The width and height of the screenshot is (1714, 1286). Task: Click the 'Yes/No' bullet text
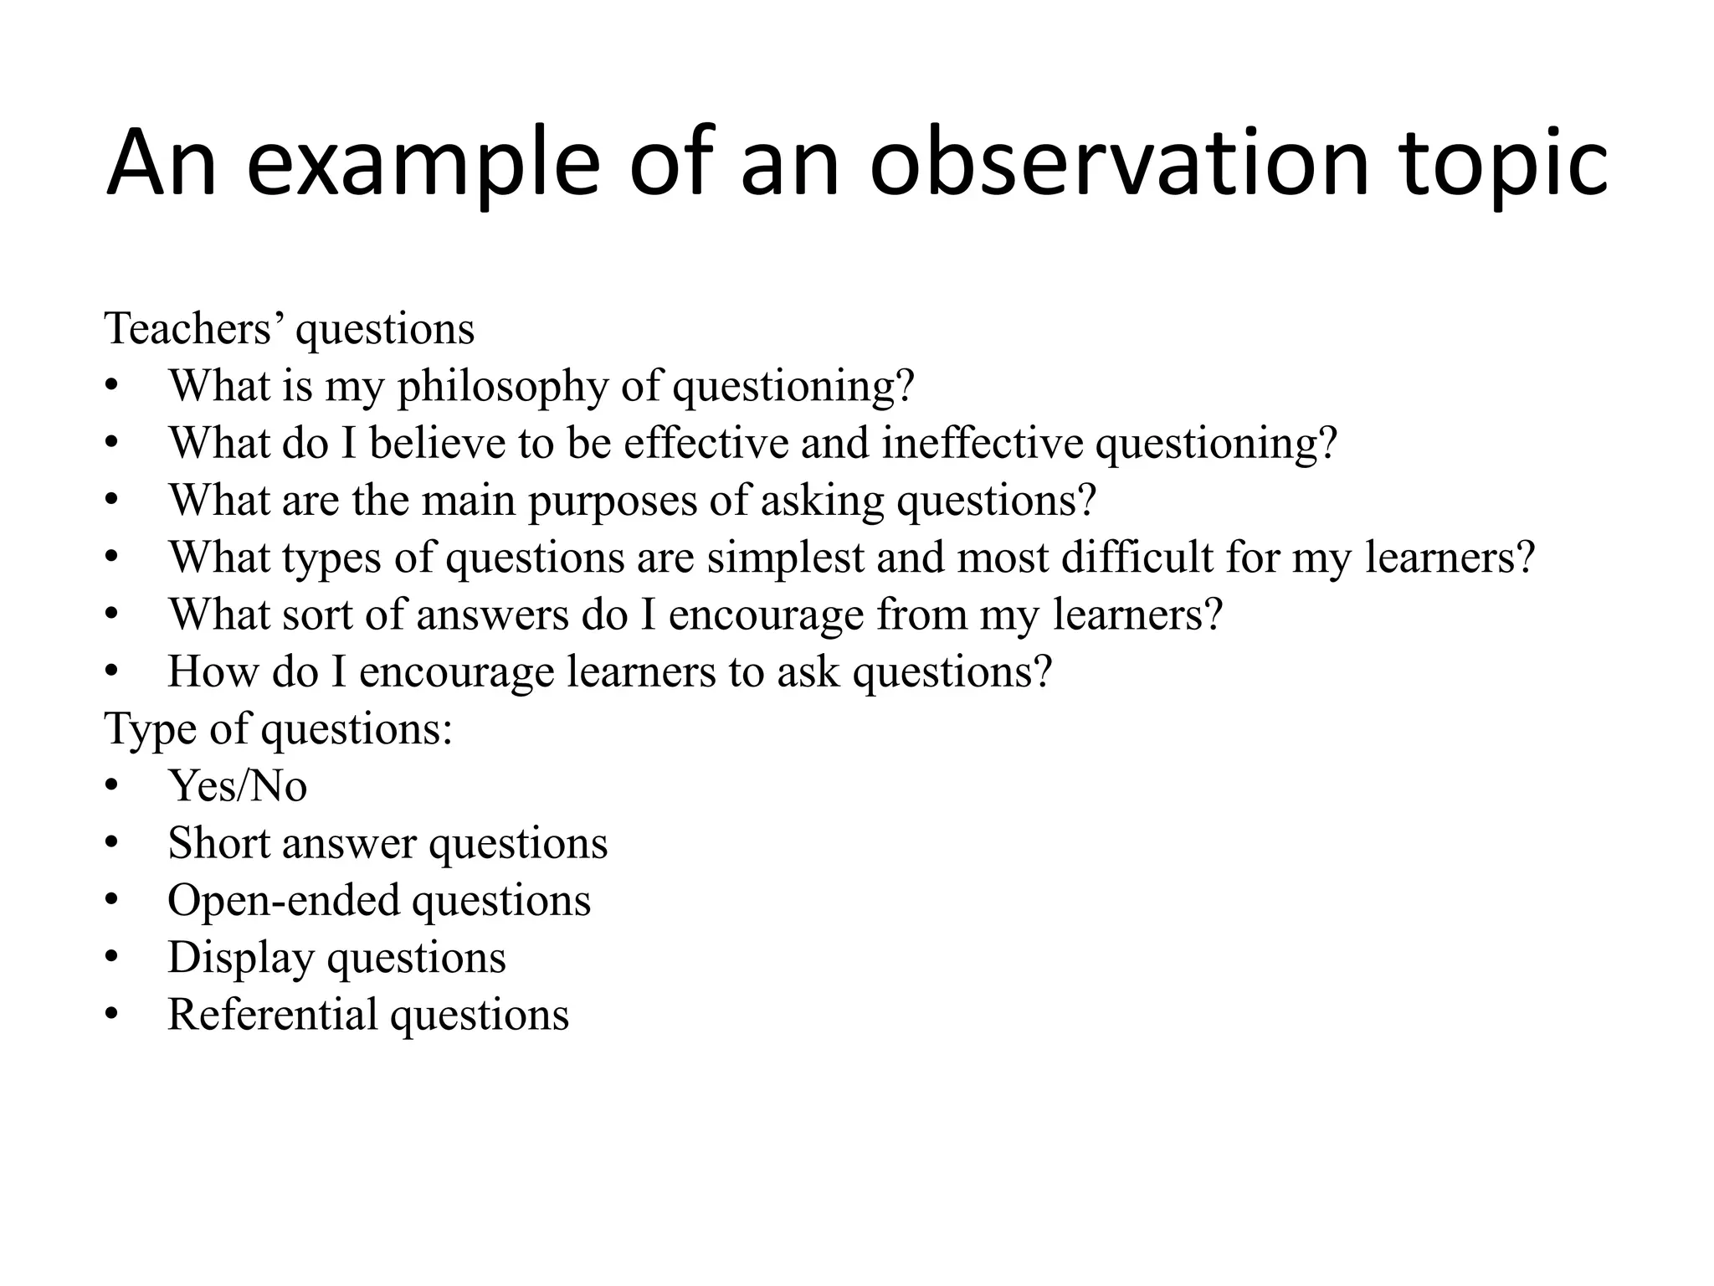point(238,786)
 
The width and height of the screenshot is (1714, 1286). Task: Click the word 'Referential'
point(273,1015)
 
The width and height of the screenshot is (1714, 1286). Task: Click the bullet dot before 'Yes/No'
point(112,786)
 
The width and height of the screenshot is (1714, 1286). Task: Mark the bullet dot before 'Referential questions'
point(112,1015)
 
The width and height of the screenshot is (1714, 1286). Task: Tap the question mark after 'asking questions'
point(1086,501)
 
